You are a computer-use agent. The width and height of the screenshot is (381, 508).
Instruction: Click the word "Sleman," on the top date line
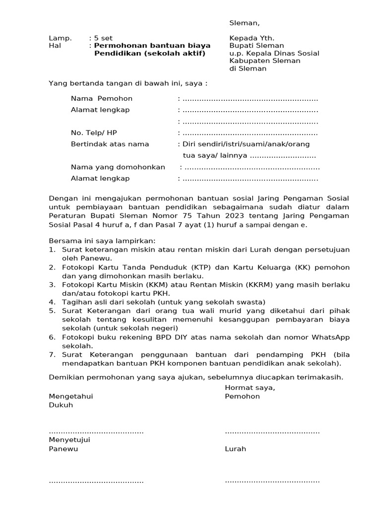[244, 23]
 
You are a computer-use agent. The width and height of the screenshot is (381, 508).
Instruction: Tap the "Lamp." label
[60, 38]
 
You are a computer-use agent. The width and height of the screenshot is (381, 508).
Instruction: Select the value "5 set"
[103, 38]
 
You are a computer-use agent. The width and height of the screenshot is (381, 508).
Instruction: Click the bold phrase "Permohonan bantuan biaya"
[152, 46]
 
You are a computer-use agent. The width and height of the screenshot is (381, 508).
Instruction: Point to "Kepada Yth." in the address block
[252, 38]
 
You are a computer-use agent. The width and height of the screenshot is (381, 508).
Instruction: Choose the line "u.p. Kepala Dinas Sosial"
[274, 54]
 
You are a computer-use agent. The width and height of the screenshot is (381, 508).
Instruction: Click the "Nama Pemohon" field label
[102, 99]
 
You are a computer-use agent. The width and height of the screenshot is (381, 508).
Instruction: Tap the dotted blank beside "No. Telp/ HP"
[250, 133]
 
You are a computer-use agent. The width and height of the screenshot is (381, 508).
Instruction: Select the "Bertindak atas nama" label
[110, 144]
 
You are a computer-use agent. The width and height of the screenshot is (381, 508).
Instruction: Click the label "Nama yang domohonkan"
[118, 167]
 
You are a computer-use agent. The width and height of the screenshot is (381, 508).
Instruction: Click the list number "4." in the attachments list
[52, 302]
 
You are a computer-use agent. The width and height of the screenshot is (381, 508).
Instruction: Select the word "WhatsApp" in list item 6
[330, 337]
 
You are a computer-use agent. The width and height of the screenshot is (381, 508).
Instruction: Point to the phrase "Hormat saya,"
[250, 388]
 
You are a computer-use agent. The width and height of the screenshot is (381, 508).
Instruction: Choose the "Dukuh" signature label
[61, 405]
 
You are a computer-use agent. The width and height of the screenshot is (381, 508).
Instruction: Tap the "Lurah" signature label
[235, 449]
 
